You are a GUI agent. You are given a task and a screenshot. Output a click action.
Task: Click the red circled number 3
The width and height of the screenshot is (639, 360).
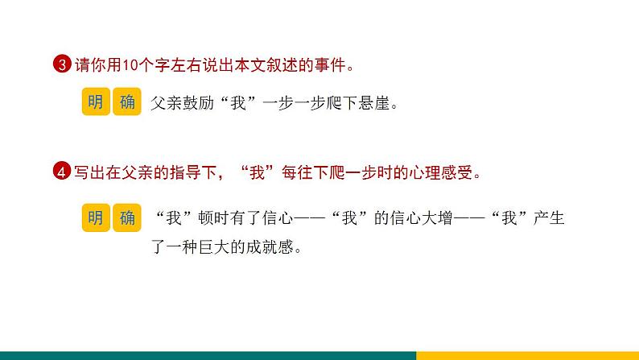point(64,65)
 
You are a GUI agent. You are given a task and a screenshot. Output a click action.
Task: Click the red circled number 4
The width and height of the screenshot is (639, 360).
point(64,172)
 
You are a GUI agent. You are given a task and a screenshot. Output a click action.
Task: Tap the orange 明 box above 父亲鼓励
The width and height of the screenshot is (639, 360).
point(95,102)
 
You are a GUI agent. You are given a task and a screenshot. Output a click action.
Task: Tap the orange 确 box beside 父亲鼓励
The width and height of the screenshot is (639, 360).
point(127,102)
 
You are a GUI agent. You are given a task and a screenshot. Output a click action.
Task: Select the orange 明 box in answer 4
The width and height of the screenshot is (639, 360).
point(95,217)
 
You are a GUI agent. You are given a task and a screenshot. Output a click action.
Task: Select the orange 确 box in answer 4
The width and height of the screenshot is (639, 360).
point(127,217)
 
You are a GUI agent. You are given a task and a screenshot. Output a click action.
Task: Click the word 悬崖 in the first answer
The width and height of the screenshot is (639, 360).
point(373,104)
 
